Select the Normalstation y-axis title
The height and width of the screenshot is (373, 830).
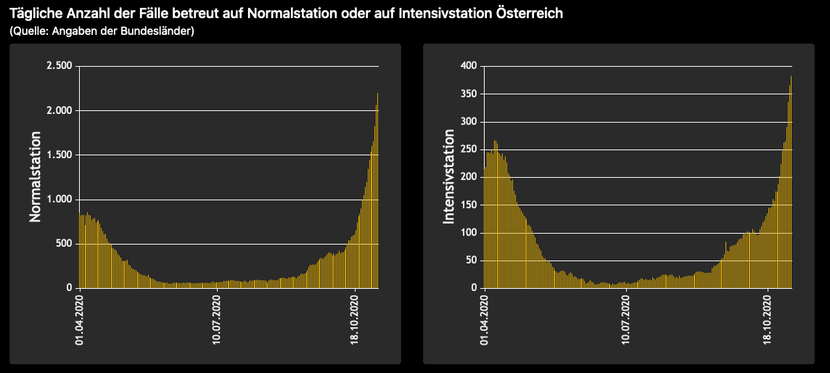tap(35, 176)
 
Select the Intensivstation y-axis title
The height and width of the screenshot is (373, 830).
tap(449, 176)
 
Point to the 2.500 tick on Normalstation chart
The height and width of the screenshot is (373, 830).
tap(59, 66)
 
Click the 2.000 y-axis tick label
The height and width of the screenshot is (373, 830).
tap(59, 110)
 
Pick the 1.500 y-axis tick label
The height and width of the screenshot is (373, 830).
tap(59, 155)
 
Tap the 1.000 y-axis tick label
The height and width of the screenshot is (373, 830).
tap(59, 199)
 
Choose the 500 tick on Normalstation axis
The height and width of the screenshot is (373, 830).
tap(64, 243)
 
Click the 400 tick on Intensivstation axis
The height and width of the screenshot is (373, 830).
tap(469, 66)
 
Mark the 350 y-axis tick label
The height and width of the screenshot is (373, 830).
tap(469, 94)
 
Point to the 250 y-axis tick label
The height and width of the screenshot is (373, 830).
tap(469, 149)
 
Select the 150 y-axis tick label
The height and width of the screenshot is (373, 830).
tap(469, 205)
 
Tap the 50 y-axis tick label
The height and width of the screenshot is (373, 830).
tap(472, 260)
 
